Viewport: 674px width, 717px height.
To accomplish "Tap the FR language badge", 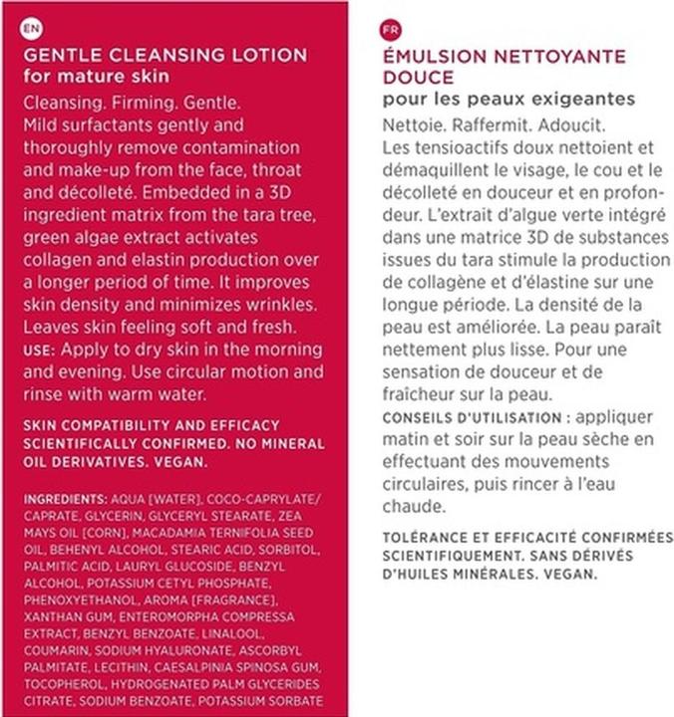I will pos(391,30).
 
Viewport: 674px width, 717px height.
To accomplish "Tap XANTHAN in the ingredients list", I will pos(51,616).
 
